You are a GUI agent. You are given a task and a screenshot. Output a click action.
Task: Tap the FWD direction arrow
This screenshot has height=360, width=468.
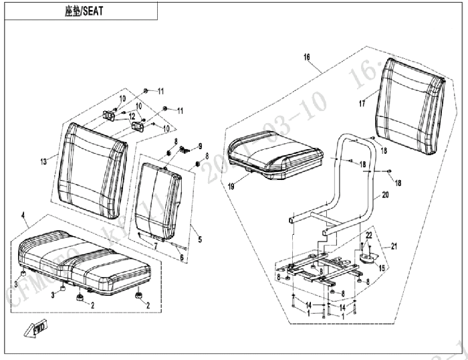coord(32,328)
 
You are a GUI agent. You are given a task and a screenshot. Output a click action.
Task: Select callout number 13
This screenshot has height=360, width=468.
coord(43,161)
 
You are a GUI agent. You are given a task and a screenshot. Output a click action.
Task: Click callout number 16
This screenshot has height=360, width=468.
coord(307,58)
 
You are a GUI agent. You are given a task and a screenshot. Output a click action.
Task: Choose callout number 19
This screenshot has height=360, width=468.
coord(231,188)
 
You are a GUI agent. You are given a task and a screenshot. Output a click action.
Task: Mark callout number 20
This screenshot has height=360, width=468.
coord(384,196)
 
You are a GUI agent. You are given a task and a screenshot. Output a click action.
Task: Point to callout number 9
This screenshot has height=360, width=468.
coord(199,145)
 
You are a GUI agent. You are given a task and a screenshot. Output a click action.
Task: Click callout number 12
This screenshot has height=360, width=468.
coord(132,116)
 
